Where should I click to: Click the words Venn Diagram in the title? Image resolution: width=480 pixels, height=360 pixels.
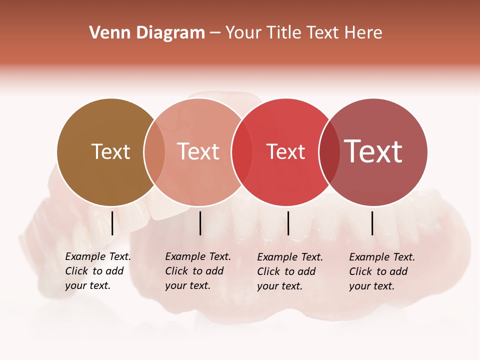[x=147, y=33]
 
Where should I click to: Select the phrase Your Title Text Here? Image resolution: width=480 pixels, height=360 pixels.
[x=303, y=33]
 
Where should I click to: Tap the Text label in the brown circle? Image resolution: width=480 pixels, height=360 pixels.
[x=110, y=152]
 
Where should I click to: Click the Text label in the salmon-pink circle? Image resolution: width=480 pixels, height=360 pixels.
[x=198, y=152]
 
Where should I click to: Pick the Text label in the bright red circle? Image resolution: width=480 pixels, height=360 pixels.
[x=285, y=152]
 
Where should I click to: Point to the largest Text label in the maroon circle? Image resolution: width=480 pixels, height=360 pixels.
[x=373, y=151]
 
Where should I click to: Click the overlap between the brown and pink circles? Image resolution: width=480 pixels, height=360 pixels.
[x=154, y=152]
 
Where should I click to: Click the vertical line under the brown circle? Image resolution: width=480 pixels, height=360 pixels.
[x=112, y=223]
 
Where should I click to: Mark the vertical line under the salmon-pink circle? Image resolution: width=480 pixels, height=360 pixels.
[x=200, y=223]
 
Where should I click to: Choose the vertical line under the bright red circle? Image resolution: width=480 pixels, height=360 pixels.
[x=288, y=223]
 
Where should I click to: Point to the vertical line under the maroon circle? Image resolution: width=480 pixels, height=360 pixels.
[x=372, y=223]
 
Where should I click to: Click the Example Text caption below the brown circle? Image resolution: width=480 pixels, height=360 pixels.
[x=97, y=271]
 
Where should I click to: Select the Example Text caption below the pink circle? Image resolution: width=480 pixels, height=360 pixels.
[x=197, y=271]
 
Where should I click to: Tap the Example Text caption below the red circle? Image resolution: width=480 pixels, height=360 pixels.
[x=289, y=271]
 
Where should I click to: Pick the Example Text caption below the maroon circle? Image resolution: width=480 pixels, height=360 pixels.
[x=381, y=271]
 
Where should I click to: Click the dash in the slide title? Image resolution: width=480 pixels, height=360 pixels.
[x=215, y=33]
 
